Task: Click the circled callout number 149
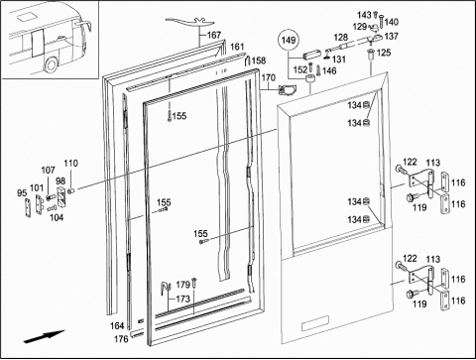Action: click(289, 41)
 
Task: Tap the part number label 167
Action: click(214, 35)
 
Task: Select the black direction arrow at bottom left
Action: click(44, 336)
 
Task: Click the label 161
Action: click(237, 47)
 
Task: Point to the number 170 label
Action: click(268, 77)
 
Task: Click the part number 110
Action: click(71, 163)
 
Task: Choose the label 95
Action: click(22, 192)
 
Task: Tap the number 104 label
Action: click(57, 217)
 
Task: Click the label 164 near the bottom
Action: click(117, 326)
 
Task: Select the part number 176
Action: click(121, 339)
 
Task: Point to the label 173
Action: click(182, 299)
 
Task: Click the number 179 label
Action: click(182, 285)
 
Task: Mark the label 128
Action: click(340, 37)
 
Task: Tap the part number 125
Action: click(384, 53)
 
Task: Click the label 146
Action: click(329, 70)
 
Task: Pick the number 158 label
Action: click(259, 60)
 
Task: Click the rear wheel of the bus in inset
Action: click(51, 64)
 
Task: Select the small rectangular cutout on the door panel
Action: click(315, 323)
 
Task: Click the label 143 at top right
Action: click(364, 15)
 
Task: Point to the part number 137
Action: click(392, 36)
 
